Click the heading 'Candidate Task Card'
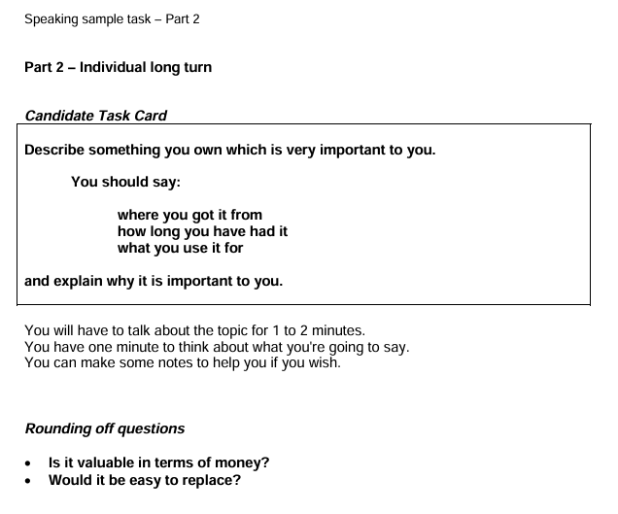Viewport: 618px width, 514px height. (95, 116)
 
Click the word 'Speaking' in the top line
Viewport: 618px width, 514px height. (51, 18)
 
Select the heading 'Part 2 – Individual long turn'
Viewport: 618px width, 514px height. (118, 67)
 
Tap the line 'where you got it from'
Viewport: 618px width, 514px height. (189, 215)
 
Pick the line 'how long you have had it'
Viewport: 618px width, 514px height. (202, 231)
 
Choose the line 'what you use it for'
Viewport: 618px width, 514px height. (180, 248)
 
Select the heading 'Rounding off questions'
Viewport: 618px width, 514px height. (104, 428)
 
